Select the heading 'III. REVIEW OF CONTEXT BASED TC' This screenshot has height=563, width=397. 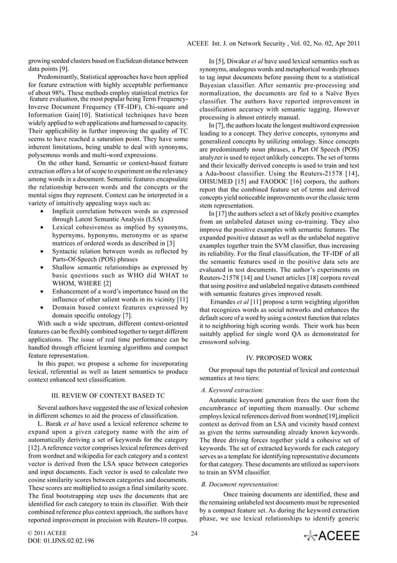(x=103, y=395)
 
